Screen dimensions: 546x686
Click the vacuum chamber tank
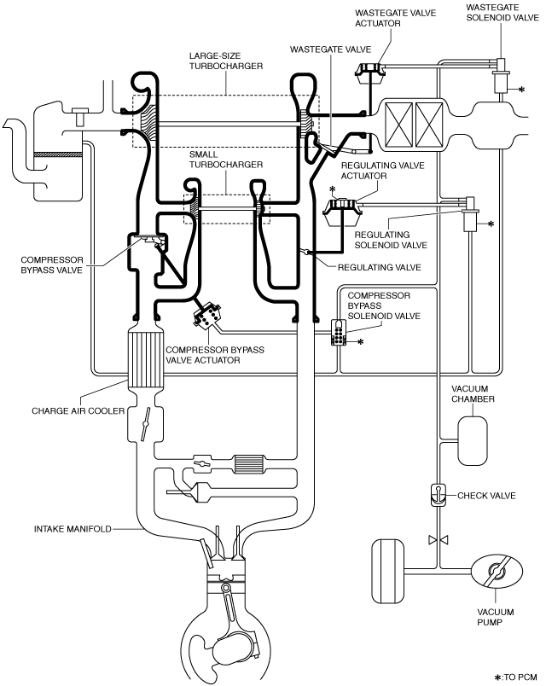pos(473,440)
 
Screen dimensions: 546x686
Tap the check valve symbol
pos(438,495)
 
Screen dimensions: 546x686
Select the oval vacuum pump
pos(497,572)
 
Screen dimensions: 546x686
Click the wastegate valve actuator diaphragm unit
pos(370,73)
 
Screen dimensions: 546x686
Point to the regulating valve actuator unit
pos(342,212)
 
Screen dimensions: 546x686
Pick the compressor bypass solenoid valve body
pos(339,333)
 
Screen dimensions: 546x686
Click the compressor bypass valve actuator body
pos(207,315)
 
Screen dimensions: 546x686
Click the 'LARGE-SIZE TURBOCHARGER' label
pos(226,61)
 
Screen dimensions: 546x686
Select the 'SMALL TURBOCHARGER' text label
pos(226,160)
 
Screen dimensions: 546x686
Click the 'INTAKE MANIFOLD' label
pos(73,529)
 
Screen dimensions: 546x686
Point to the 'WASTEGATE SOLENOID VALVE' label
pos(502,12)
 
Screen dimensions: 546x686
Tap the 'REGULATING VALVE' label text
pos(380,267)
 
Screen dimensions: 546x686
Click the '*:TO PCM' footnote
pos(516,677)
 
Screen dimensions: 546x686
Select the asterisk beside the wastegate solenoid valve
pos(521,90)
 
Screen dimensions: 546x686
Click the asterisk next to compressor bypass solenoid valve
pos(361,341)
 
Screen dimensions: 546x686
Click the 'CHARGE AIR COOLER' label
pos(78,410)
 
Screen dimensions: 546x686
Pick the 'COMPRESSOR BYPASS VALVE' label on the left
pos(52,265)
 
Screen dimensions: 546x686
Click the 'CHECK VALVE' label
pos(486,495)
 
